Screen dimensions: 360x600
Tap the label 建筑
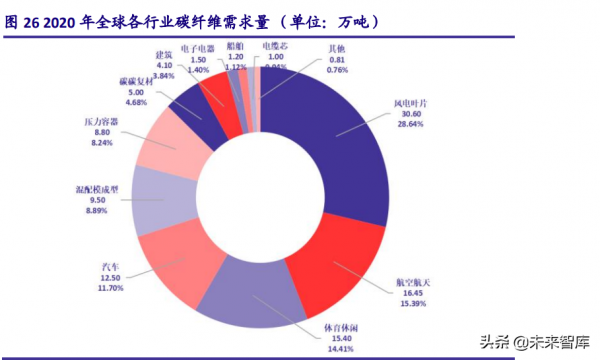[x=166, y=52]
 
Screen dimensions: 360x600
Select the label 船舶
[x=235, y=46]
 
